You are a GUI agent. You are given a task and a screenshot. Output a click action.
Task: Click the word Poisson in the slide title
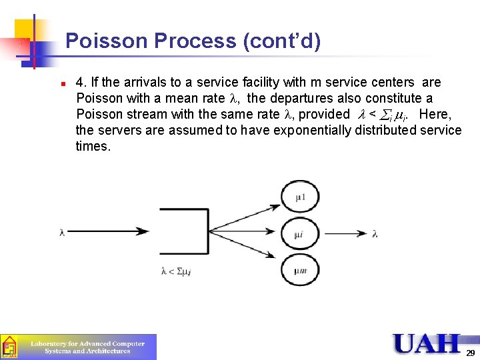tap(107, 41)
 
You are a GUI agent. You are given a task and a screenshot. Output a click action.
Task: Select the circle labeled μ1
tap(301, 197)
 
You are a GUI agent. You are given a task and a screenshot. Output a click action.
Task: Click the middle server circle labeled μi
tap(301, 234)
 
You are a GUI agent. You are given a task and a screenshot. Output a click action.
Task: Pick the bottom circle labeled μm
tap(301, 270)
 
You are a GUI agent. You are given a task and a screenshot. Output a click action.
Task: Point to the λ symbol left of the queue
tap(62, 233)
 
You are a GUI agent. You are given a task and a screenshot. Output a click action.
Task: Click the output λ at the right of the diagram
tap(375, 233)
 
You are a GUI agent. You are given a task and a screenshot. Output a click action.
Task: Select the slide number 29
tap(471, 353)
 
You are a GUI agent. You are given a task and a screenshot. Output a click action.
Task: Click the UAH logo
tap(427, 343)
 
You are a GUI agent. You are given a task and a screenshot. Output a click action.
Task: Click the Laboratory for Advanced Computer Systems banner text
tap(87, 347)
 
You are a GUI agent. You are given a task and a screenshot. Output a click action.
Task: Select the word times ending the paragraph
tap(93, 146)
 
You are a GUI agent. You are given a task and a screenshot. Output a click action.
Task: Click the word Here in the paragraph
tap(434, 114)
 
